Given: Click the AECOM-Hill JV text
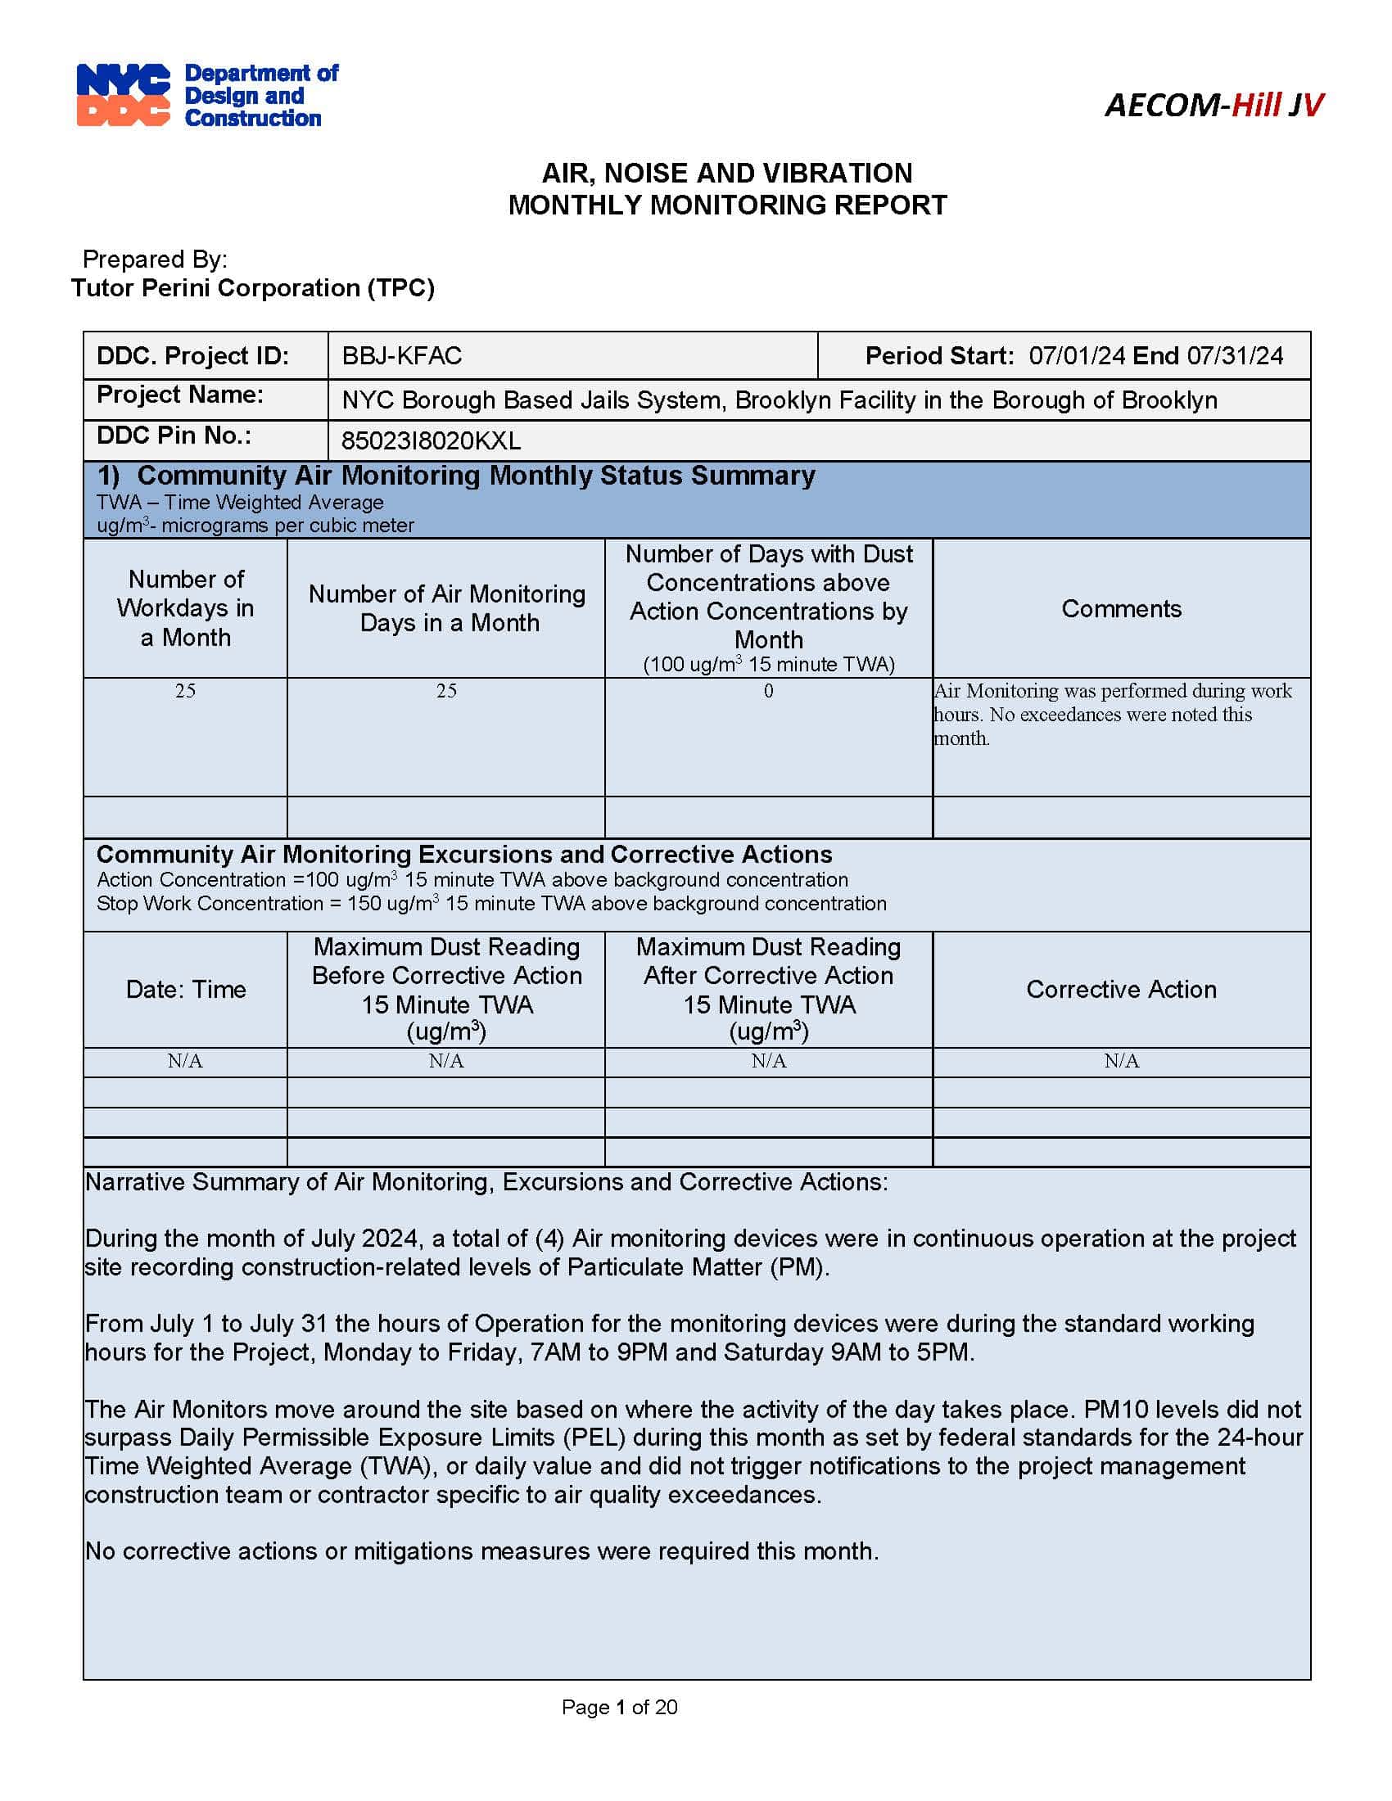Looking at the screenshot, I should [x=1213, y=105].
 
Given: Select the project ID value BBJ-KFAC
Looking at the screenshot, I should [x=401, y=356].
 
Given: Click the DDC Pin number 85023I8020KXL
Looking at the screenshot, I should [x=431, y=441].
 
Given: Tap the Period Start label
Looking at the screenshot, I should [x=938, y=356].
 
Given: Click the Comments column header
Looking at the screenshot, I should [x=1121, y=608].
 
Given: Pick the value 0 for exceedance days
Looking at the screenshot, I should [x=768, y=691].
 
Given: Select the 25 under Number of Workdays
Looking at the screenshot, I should [x=185, y=691].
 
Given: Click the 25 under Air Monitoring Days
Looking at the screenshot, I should [x=446, y=691].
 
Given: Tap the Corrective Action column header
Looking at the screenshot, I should [x=1121, y=989].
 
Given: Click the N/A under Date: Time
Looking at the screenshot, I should [x=185, y=1060].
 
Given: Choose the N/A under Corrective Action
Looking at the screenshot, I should [x=1121, y=1060].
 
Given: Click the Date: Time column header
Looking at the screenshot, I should [x=186, y=989].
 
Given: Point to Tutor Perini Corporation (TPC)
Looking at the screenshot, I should [x=252, y=288].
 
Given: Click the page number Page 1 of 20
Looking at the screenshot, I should [x=618, y=1706].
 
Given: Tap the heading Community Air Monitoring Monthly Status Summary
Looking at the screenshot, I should [x=475, y=476].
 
